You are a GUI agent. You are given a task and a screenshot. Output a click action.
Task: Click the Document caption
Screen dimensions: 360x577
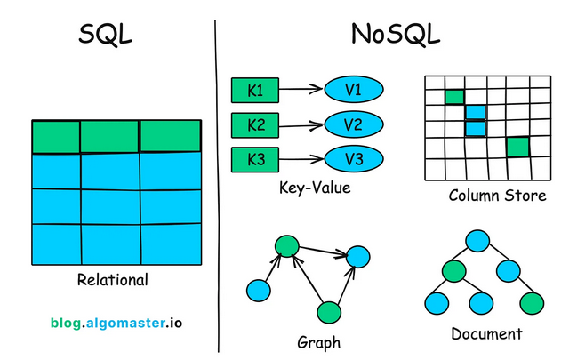pos(486,334)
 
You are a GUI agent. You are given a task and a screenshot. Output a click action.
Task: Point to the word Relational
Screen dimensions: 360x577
pos(113,280)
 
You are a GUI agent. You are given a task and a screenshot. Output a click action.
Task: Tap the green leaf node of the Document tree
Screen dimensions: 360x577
pos(532,302)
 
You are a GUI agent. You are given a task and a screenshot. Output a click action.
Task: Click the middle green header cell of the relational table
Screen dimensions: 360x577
pos(109,136)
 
